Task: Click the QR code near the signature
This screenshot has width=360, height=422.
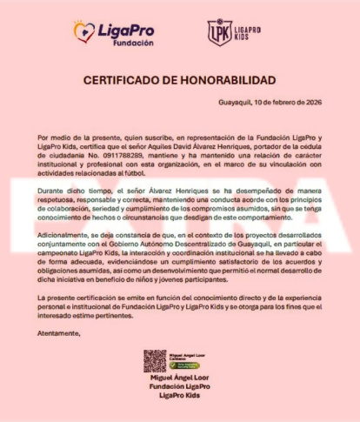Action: [155, 360]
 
